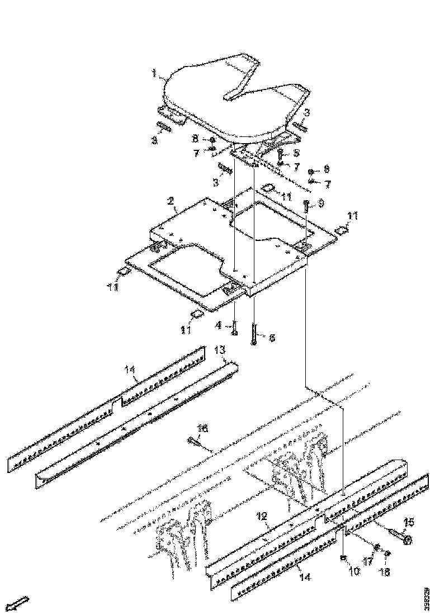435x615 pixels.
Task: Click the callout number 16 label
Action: (x=203, y=428)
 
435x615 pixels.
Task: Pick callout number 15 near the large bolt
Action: (x=409, y=522)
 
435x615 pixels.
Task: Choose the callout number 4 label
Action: (x=220, y=324)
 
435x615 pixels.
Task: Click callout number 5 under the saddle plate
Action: (x=296, y=152)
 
